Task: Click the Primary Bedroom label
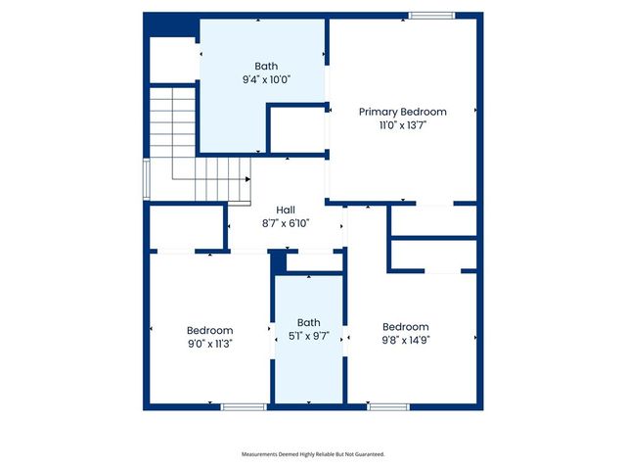point(402,112)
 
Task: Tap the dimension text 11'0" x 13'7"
point(402,125)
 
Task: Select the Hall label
point(286,210)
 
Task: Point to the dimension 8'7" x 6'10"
point(286,223)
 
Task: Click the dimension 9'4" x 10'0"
point(266,80)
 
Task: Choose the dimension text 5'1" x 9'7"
point(308,336)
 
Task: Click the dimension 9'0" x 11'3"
point(209,344)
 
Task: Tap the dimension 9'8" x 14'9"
point(405,340)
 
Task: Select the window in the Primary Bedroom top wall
point(431,15)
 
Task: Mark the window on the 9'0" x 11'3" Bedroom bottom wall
point(244,406)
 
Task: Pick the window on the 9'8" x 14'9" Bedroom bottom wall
point(388,406)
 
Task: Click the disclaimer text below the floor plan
point(313,454)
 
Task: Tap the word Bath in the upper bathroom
point(266,67)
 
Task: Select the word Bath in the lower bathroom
point(308,322)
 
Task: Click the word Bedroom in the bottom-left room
point(209,330)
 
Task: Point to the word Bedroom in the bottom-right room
point(405,326)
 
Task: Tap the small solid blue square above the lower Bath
point(279,261)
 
